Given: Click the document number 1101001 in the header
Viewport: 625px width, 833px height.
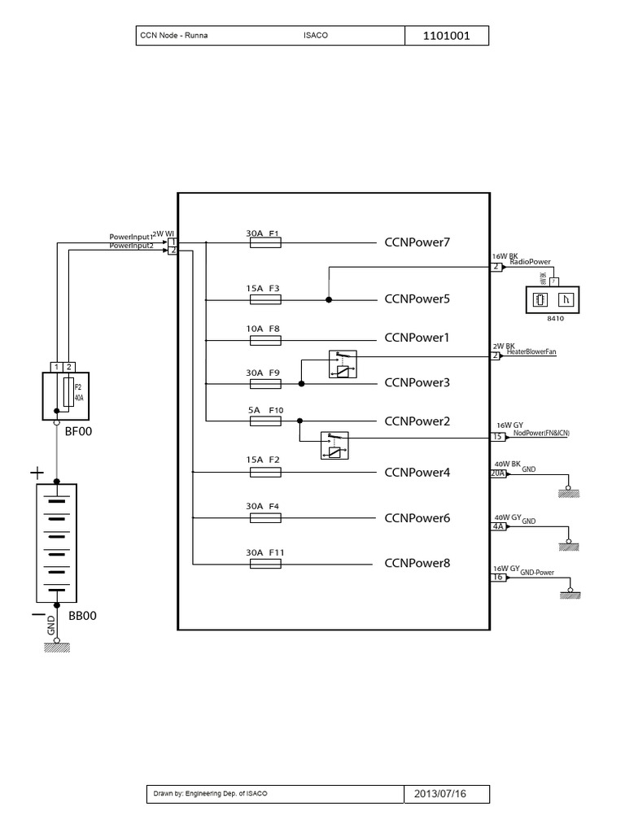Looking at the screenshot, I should [447, 37].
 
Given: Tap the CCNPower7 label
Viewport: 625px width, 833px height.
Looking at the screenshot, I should [417, 242].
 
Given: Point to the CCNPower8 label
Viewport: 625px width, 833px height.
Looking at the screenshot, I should [417, 563].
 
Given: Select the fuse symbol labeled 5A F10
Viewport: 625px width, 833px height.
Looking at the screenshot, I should [264, 421].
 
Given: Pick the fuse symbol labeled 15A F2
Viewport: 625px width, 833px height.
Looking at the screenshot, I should [264, 472].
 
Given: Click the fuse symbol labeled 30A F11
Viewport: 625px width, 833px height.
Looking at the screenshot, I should [264, 563].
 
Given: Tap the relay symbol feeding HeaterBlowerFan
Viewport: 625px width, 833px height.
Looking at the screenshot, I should [342, 364].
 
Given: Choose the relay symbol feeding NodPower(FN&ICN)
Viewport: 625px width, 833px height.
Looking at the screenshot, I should [335, 444].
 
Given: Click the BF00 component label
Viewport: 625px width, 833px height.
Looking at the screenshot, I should [79, 432].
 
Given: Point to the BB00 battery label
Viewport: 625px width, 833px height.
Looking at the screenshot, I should [82, 616].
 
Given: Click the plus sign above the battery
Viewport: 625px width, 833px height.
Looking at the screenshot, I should [37, 472].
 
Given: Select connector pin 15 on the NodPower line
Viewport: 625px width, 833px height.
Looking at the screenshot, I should [497, 438].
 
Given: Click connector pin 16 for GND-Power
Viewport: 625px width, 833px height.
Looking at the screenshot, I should [497, 578].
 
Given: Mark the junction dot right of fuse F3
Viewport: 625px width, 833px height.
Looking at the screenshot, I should [329, 299].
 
